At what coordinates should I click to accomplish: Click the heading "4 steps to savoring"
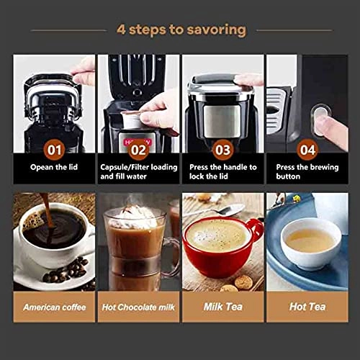(x=181, y=30)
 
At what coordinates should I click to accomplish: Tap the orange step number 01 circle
(x=54, y=150)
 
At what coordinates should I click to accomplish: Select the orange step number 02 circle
(x=138, y=150)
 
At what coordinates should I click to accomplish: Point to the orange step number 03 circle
(x=223, y=150)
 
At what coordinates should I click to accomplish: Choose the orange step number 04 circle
(x=307, y=150)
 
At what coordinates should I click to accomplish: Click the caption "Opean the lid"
(x=54, y=167)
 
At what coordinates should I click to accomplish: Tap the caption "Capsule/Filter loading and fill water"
(x=139, y=171)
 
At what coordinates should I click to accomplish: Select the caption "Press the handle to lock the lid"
(x=223, y=171)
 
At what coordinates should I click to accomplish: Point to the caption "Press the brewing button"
(x=307, y=171)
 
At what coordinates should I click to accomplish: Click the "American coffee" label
(x=55, y=307)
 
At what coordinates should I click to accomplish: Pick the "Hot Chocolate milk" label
(x=138, y=307)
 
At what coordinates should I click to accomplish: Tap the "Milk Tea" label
(x=223, y=307)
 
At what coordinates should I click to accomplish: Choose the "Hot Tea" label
(x=307, y=307)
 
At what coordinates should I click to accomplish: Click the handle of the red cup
(x=256, y=230)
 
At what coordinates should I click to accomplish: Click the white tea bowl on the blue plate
(x=311, y=243)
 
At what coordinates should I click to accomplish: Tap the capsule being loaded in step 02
(x=131, y=120)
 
